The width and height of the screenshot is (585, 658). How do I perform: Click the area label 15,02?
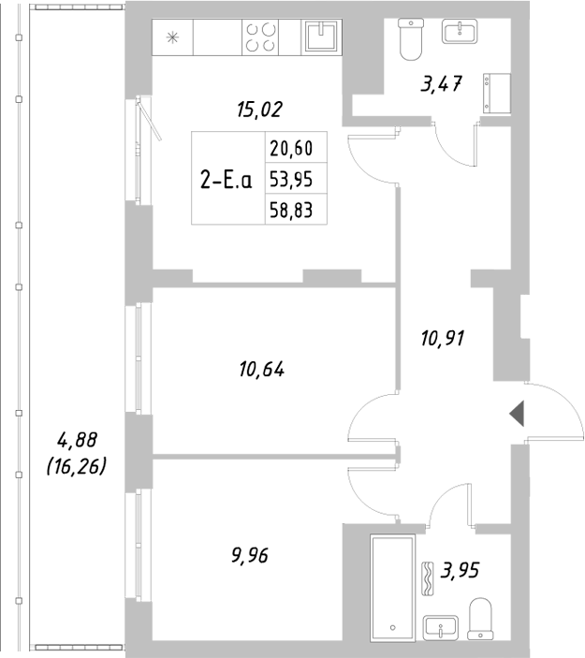click(259, 110)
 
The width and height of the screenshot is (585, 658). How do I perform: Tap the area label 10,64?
click(261, 370)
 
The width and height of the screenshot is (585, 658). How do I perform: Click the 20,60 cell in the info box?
click(291, 147)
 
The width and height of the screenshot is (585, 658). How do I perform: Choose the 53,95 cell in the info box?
click(291, 179)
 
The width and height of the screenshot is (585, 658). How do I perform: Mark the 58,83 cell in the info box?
click(291, 211)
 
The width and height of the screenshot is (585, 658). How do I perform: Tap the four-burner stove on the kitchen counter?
click(260, 37)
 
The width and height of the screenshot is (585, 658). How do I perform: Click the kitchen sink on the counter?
click(321, 37)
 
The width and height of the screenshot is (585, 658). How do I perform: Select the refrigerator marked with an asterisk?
click(172, 38)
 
